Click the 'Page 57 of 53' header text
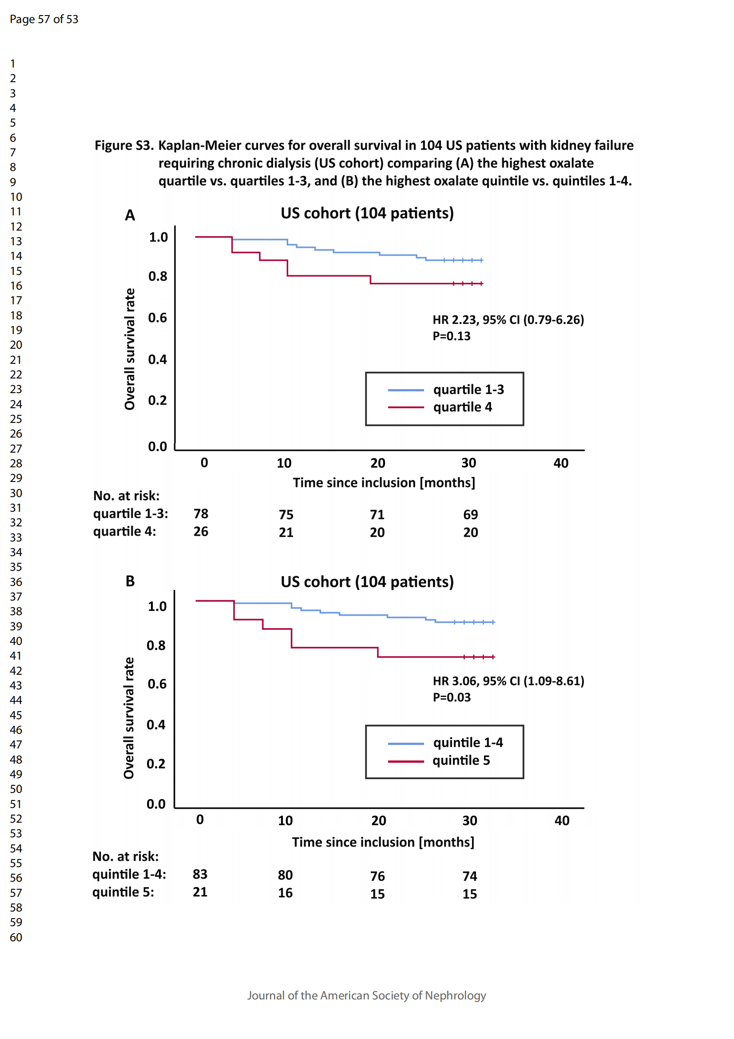(44, 19)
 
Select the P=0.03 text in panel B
(451, 697)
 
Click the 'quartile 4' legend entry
(462, 407)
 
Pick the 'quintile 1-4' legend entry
(468, 743)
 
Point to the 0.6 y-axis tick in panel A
(157, 318)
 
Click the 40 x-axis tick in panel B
(562, 820)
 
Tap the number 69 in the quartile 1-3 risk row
(470, 514)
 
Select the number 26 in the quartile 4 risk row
(201, 531)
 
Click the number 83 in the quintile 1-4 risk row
(200, 874)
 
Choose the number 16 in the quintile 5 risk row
(285, 893)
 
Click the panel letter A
(130, 215)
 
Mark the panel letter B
(130, 581)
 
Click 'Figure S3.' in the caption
(124, 145)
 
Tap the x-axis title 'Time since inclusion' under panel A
(384, 482)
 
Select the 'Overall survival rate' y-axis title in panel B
(129, 718)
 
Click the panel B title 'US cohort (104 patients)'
(367, 581)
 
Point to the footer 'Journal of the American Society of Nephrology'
(366, 995)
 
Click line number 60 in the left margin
(16, 937)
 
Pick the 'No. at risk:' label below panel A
(126, 496)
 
